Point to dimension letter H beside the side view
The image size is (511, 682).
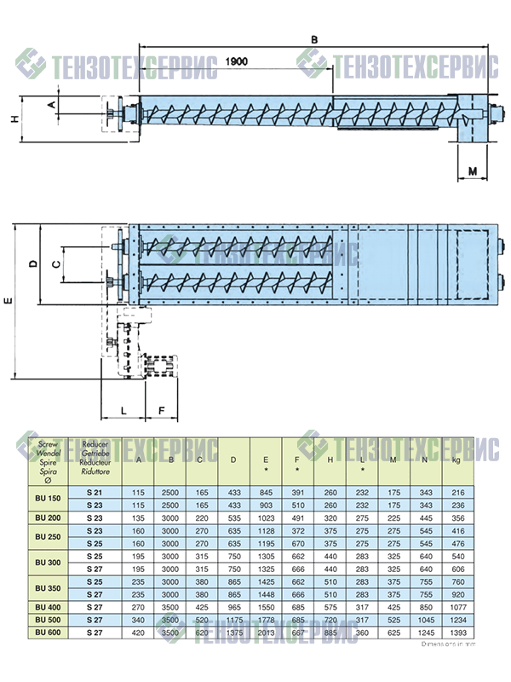[14, 119]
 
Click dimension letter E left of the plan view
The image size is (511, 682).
[8, 301]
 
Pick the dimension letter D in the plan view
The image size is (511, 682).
[32, 264]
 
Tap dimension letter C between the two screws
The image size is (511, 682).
[56, 264]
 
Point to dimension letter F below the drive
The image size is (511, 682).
[162, 410]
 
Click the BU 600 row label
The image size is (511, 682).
[47, 633]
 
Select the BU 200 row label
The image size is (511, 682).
[47, 517]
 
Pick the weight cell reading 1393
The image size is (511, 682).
[458, 633]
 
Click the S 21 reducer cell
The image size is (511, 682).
[95, 494]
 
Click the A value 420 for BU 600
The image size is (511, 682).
[137, 633]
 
